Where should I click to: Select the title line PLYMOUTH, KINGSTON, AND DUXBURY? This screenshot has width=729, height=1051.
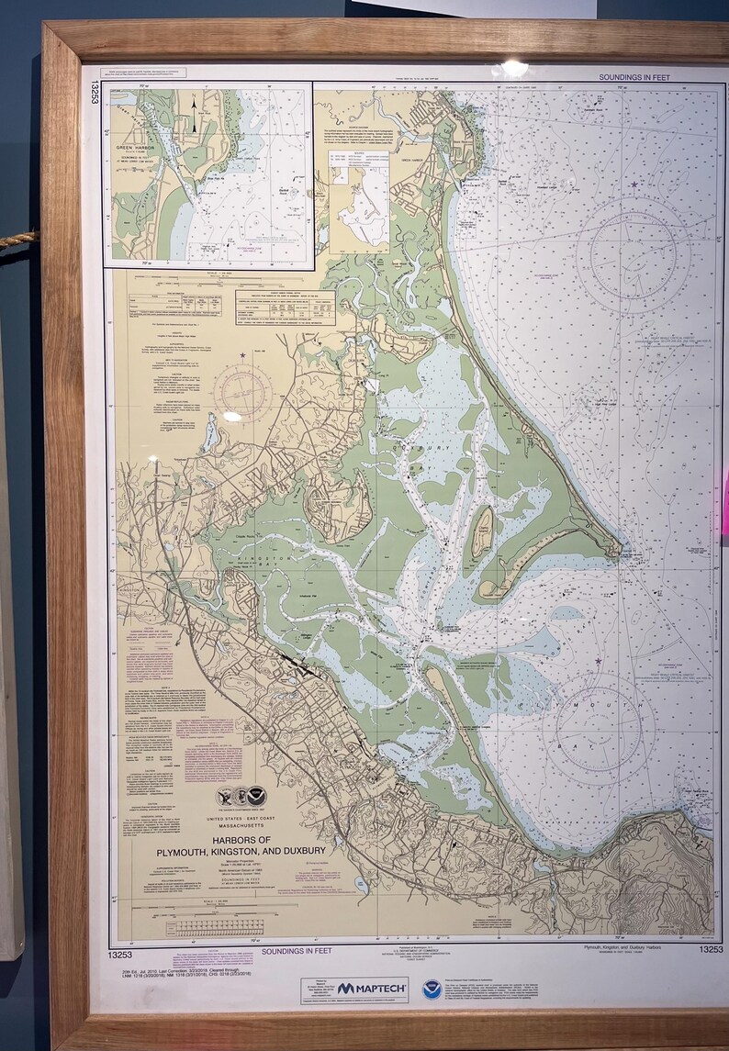[253, 851]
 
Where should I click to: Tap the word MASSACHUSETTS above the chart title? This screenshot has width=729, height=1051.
[253, 827]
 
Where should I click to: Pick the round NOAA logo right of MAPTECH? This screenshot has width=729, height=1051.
[431, 989]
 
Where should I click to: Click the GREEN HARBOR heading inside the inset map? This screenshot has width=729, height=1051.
[138, 146]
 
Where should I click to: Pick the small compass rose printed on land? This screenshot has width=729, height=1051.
[241, 392]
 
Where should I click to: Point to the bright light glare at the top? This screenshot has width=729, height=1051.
[515, 67]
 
